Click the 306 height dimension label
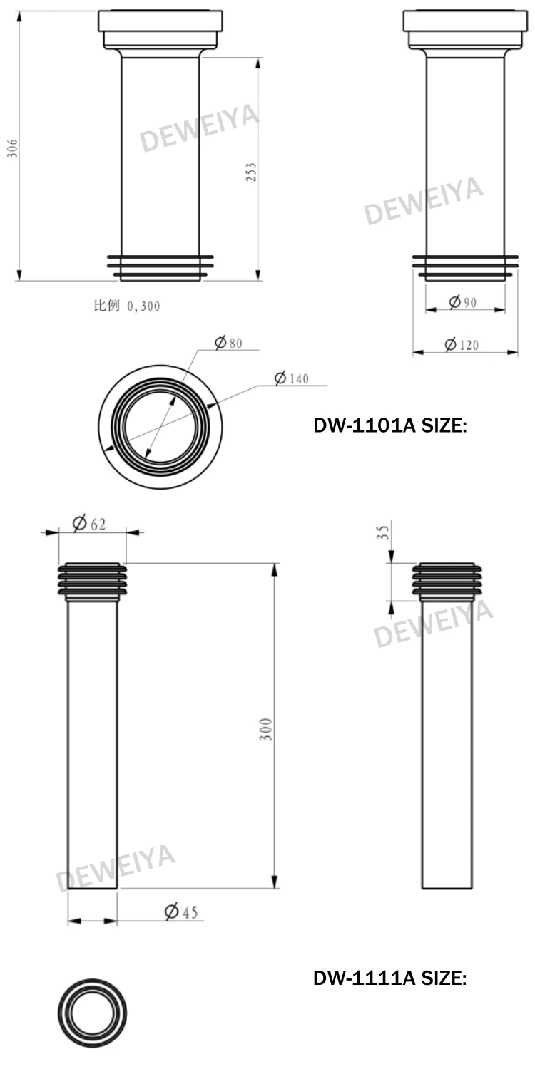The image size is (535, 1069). [x=12, y=148]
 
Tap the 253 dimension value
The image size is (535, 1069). [x=251, y=172]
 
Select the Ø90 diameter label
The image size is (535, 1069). [x=463, y=302]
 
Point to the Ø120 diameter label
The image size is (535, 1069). [x=461, y=344]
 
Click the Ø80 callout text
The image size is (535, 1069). [x=228, y=343]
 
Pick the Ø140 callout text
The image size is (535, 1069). [x=291, y=378]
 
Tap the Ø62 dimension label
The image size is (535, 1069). [x=89, y=524]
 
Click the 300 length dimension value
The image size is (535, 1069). [x=266, y=729]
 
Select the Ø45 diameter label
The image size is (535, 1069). [x=181, y=912]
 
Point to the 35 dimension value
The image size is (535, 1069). [x=383, y=532]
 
